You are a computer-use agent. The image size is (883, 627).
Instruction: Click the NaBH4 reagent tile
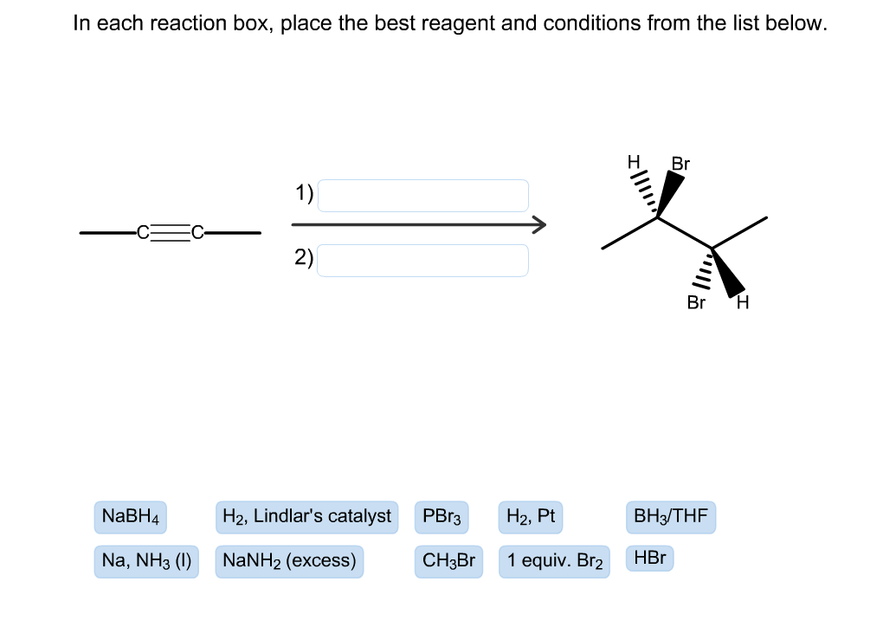coord(131,517)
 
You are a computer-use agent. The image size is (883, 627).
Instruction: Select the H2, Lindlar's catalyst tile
coord(306,517)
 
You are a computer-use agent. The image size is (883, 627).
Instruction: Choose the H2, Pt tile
coord(530,517)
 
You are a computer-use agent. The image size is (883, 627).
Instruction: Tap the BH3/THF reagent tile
coord(671,517)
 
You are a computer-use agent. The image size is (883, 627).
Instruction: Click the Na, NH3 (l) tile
coord(146,560)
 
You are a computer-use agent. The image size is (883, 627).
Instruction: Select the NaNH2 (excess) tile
coord(289,560)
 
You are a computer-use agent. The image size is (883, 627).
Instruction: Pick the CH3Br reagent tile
coord(448,560)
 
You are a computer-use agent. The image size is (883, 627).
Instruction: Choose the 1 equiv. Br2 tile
coord(554,560)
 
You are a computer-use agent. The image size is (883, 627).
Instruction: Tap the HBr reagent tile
coord(649,558)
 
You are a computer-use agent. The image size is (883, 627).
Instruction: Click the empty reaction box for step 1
coord(422,196)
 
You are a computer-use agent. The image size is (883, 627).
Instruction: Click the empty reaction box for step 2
coord(422,260)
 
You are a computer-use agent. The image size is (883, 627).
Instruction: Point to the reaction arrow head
coord(539,225)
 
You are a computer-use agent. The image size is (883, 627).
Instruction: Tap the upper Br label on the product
coord(680,164)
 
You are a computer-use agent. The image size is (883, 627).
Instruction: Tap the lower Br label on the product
coord(696,303)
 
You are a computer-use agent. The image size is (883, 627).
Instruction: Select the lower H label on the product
coord(742,303)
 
